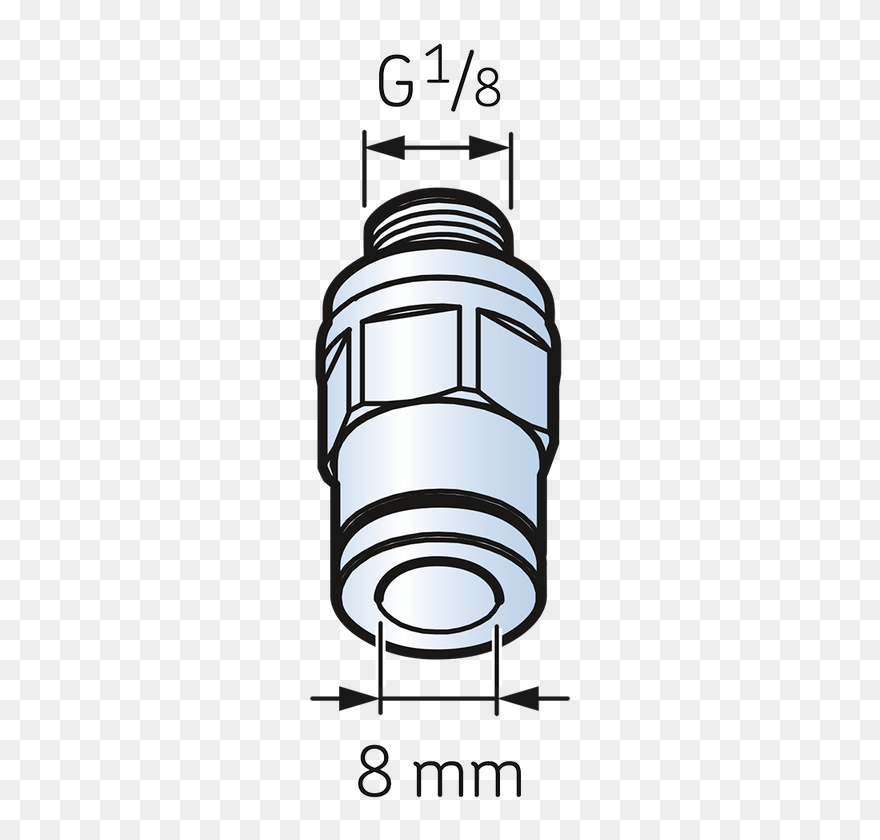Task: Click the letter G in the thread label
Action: [396, 86]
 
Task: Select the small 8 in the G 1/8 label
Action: [486, 92]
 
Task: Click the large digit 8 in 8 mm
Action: [374, 775]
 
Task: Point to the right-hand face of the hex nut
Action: [513, 360]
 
